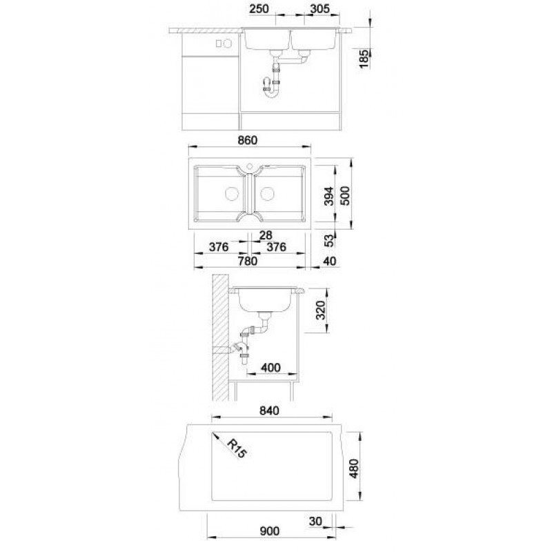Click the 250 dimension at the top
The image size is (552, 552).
click(x=259, y=9)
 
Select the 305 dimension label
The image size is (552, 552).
click(x=320, y=9)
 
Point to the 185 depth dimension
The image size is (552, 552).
click(x=364, y=59)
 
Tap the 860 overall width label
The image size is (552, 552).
click(x=248, y=140)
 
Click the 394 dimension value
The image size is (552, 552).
click(x=329, y=196)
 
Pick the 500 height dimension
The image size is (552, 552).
click(x=346, y=196)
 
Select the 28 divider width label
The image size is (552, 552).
click(x=266, y=235)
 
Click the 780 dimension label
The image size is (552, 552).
click(x=248, y=262)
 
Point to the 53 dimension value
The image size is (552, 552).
click(x=328, y=241)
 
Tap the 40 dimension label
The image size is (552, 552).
click(x=330, y=262)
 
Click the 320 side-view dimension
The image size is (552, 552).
click(x=321, y=310)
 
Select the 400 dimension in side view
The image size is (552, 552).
click(x=270, y=368)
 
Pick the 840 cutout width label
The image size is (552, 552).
click(x=269, y=411)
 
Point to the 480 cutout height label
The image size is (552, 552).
click(x=355, y=469)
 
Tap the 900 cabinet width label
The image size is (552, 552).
click(x=269, y=531)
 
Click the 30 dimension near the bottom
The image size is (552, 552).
click(x=315, y=521)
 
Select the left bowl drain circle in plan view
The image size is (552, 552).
click(x=232, y=194)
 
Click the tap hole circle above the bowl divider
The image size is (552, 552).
click(x=250, y=166)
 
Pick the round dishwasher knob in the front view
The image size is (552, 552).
click(x=228, y=43)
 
